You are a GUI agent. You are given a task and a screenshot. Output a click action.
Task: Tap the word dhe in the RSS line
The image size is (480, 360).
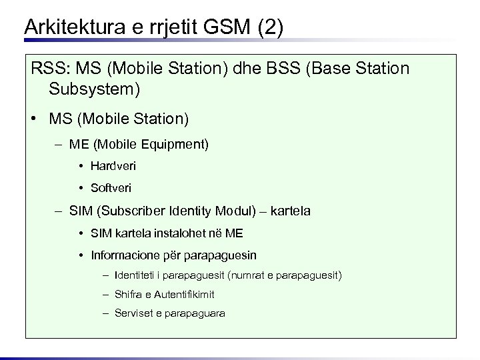click(x=247, y=69)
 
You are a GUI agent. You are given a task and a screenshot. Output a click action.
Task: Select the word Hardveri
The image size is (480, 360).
click(x=113, y=165)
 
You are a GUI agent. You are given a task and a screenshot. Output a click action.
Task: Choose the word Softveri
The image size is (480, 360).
click(x=111, y=188)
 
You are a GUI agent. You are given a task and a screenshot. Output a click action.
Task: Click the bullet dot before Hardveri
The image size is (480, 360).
click(x=79, y=165)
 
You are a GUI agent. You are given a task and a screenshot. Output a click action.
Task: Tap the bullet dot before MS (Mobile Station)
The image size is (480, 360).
click(x=33, y=119)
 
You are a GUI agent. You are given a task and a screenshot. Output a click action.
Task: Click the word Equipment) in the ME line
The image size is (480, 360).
click(x=179, y=143)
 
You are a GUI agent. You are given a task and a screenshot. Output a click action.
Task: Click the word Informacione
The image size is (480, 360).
click(x=124, y=255)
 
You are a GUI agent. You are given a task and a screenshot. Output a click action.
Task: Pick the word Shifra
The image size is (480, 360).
click(x=127, y=294)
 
